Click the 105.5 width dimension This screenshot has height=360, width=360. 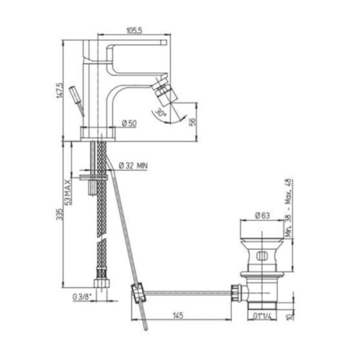point(134,31)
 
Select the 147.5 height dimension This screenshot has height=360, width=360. point(59,91)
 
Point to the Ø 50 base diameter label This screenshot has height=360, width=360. point(129,124)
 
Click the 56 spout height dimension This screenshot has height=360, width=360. point(193,122)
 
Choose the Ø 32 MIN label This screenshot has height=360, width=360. point(133,166)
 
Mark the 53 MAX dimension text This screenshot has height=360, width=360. point(68,192)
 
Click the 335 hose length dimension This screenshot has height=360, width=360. point(59,214)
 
